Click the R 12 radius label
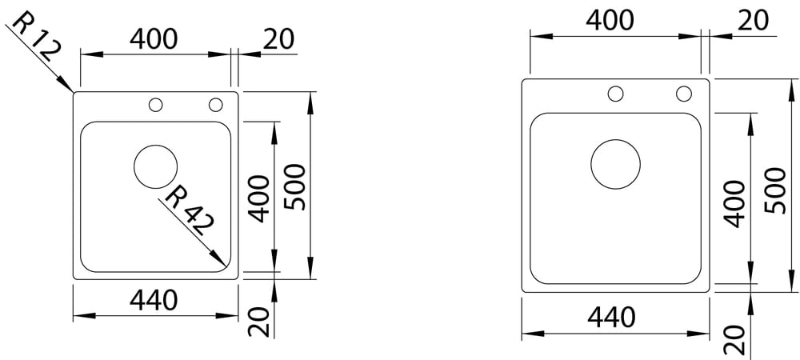36,38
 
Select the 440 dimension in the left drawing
154,300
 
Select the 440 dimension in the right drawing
611,317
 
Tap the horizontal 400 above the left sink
154,38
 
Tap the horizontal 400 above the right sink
610,20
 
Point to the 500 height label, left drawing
295,187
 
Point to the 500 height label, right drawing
776,190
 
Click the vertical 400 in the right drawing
734,203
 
